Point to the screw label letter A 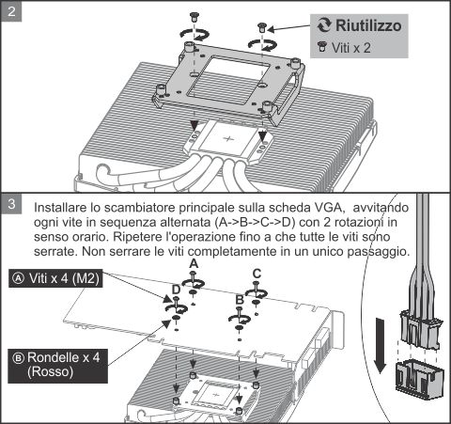(x=193, y=266)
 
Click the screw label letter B (x=240, y=299)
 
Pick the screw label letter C (x=257, y=274)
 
